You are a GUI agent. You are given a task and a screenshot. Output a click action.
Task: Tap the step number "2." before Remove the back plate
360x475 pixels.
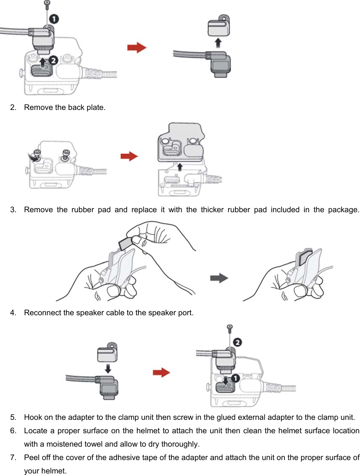pyautogui.click(x=14, y=107)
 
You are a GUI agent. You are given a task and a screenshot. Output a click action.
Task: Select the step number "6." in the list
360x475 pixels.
pyautogui.click(x=14, y=431)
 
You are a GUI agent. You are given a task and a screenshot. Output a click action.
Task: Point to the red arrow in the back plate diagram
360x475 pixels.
pyautogui.click(x=129, y=156)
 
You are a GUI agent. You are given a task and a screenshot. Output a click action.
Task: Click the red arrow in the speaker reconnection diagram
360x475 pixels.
pyautogui.click(x=161, y=372)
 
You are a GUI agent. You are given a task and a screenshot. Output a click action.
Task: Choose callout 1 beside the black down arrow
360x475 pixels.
pyautogui.click(x=235, y=378)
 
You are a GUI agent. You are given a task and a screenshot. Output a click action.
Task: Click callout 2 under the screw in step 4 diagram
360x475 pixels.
pyautogui.click(x=238, y=342)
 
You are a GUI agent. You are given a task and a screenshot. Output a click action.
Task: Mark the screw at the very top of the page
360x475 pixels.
pyautogui.click(x=47, y=4)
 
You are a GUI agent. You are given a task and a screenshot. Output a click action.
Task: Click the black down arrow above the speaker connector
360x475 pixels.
pyautogui.click(x=108, y=369)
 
